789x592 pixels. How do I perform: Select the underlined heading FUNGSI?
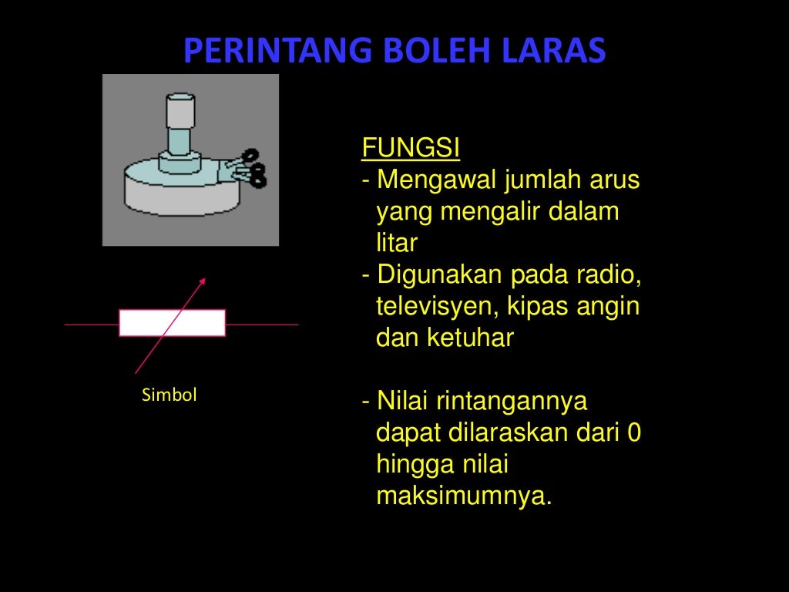pyautogui.click(x=411, y=148)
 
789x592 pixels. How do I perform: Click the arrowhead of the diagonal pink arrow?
pyautogui.click(x=203, y=280)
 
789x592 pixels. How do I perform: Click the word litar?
pyautogui.click(x=396, y=244)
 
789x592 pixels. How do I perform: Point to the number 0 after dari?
pyautogui.click(x=633, y=433)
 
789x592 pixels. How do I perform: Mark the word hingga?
pyautogui.click(x=415, y=465)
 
